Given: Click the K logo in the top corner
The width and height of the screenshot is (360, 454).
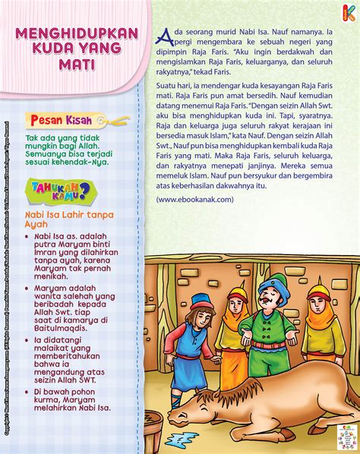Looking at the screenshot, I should point(348,11).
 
